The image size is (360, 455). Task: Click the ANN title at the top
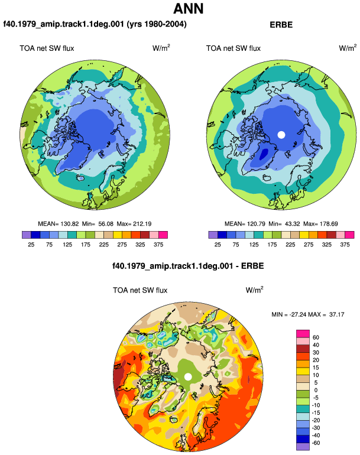188,8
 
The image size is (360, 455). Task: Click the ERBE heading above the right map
281,25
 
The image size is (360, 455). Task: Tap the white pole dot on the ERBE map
281,135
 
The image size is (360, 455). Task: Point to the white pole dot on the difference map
188,376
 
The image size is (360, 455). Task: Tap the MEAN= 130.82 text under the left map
59,224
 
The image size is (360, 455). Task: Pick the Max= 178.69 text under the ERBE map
320,224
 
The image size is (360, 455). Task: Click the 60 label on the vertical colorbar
316,337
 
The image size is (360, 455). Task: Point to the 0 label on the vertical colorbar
316,390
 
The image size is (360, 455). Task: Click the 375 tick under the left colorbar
158,245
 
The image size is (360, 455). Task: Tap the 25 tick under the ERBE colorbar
218,245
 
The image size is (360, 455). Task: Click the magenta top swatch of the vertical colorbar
303,334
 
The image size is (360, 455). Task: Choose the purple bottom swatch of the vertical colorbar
303,447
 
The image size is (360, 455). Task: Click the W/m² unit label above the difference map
254,290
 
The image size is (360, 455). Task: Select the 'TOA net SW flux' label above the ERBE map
233,48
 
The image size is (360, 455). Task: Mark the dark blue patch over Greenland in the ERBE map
264,154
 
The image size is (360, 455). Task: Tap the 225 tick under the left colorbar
103,245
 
